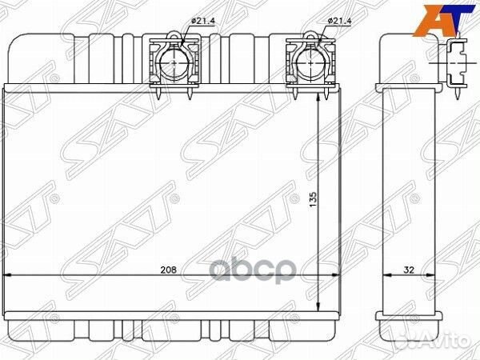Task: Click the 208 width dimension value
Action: pyautogui.click(x=169, y=270)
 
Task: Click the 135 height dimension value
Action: pyautogui.click(x=313, y=199)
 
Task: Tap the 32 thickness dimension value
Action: pyautogui.click(x=409, y=270)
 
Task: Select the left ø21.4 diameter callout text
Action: pyautogui.click(x=203, y=21)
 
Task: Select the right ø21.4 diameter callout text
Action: pyautogui.click(x=339, y=21)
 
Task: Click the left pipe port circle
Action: pyautogui.click(x=174, y=62)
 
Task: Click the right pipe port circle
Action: pyautogui.click(x=311, y=62)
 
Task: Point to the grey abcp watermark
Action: pyautogui.click(x=253, y=270)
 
